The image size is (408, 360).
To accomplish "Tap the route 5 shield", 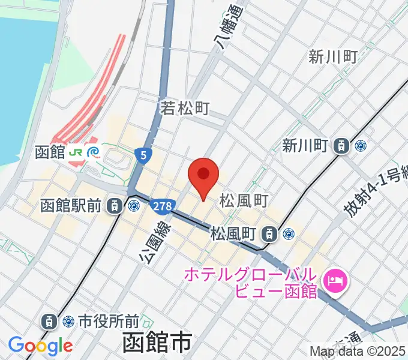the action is (x=142, y=155).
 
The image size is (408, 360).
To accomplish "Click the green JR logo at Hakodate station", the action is (x=76, y=152).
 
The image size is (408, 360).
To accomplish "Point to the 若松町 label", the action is (x=184, y=108).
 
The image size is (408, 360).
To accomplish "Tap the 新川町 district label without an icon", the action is (x=333, y=57).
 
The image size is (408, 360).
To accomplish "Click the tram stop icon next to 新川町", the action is (x=341, y=145).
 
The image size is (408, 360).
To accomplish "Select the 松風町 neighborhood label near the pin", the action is (x=243, y=199).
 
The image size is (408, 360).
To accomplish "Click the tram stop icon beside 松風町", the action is (x=271, y=233).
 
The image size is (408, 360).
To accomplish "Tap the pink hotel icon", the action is (x=334, y=280).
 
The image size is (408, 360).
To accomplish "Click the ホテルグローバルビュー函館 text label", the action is (x=250, y=283).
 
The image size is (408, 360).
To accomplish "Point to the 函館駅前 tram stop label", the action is (x=71, y=206).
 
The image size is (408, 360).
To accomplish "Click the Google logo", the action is (x=40, y=346).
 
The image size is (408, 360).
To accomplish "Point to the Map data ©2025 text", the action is (x=358, y=351).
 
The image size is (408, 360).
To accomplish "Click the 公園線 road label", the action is (x=152, y=241).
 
